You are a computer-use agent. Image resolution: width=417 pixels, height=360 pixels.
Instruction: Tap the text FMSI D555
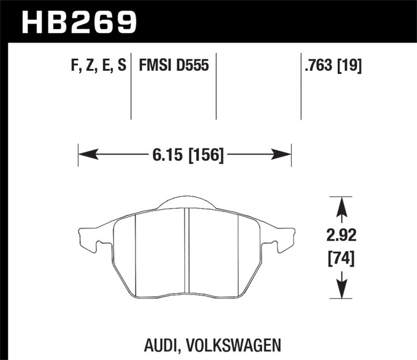click(174, 66)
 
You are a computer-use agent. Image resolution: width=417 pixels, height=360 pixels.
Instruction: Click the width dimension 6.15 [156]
click(185, 155)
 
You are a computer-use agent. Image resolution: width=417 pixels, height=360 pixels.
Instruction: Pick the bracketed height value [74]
click(341, 258)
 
